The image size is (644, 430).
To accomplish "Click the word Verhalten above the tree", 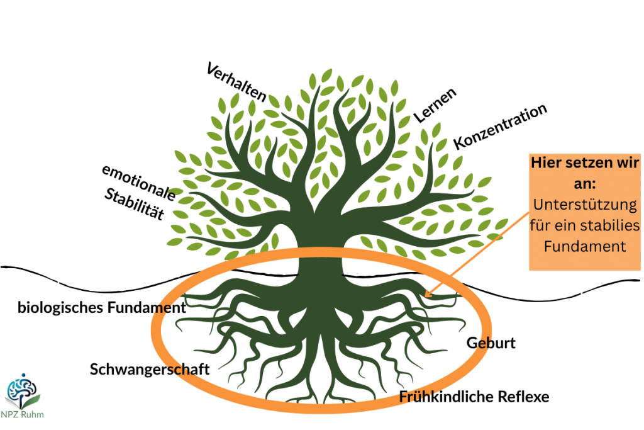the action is (x=236, y=82).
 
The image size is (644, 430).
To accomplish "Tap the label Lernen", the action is (x=435, y=105).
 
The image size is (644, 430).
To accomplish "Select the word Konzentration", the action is (x=500, y=126).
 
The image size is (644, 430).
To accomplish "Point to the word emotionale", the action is (x=139, y=182).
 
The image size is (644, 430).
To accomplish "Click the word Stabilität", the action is (x=135, y=204).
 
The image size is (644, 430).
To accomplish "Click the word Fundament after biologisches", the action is (x=147, y=307).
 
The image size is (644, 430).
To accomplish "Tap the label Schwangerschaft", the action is (x=150, y=370).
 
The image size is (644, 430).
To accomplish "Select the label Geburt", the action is (x=491, y=343).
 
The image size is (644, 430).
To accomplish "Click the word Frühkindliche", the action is (x=447, y=397).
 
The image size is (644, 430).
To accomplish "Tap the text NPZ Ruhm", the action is (x=22, y=414).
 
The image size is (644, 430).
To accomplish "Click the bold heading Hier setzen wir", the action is (x=585, y=163).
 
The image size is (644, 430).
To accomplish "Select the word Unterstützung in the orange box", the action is (x=585, y=205).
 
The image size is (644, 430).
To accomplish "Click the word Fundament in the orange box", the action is (x=585, y=246).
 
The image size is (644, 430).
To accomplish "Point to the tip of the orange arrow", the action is (x=425, y=296).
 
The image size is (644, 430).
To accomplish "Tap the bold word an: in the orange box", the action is (x=585, y=183).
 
